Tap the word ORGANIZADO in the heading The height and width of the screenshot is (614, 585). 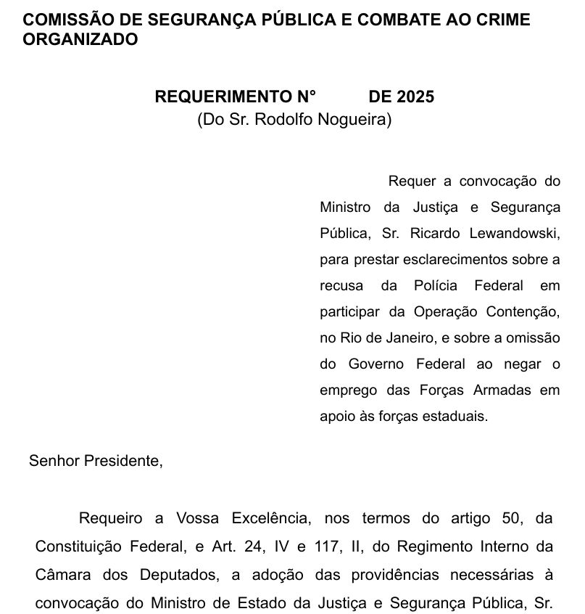click(80, 40)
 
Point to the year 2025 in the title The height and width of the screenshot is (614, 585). click(415, 97)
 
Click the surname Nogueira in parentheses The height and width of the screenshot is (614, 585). click(353, 120)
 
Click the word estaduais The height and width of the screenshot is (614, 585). click(460, 417)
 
